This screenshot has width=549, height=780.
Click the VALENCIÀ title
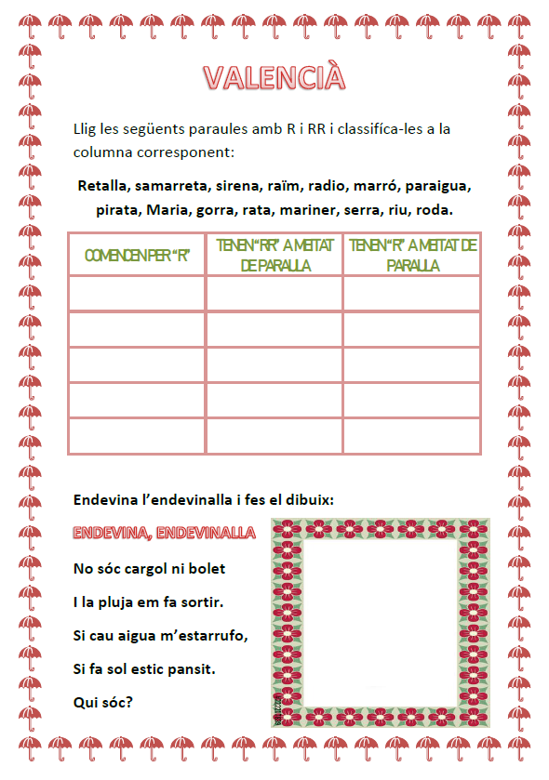[x=274, y=76]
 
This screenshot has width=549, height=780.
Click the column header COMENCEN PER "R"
[x=137, y=255]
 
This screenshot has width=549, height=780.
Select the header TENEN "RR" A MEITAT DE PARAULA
[x=274, y=255]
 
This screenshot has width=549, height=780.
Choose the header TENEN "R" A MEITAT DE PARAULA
[x=411, y=255]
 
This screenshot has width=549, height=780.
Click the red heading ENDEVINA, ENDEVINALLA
[x=164, y=533]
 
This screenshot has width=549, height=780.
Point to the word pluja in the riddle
[x=135, y=602]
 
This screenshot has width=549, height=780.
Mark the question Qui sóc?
[x=101, y=702]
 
